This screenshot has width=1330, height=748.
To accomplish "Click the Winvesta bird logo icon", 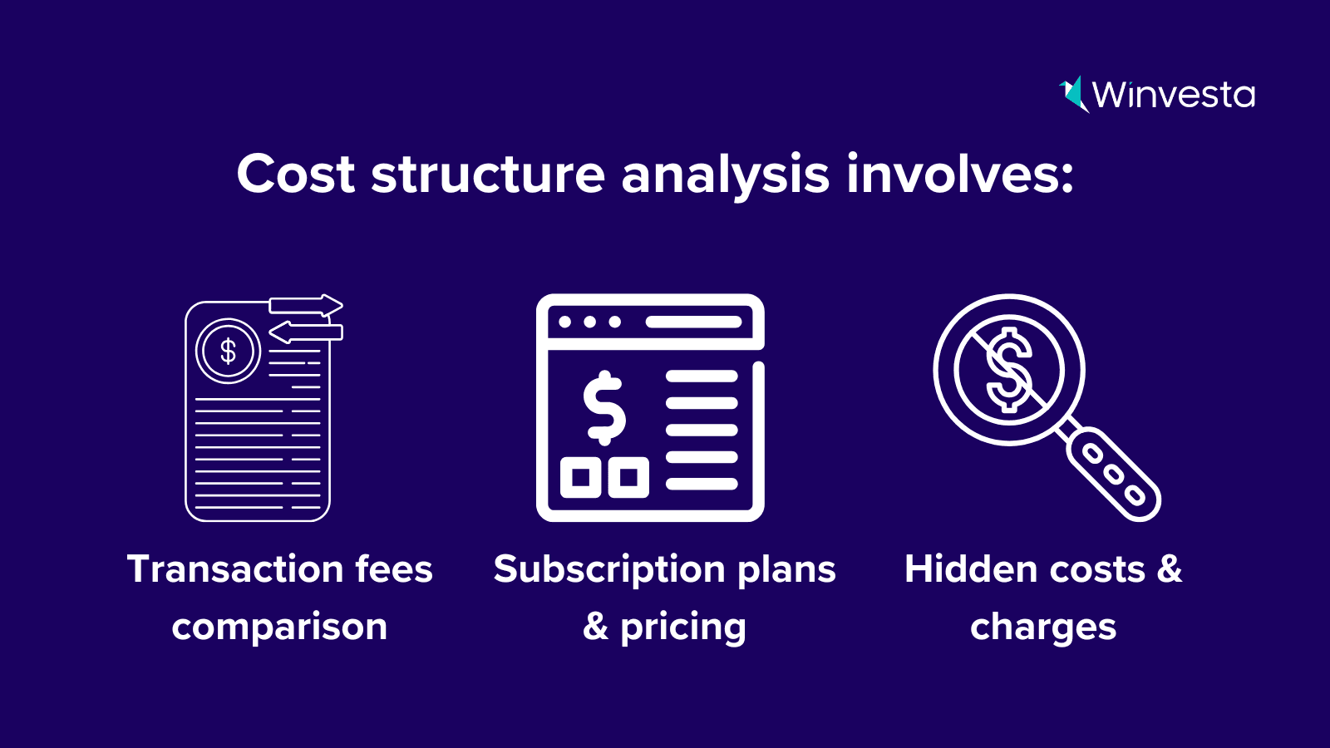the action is click(x=1074, y=95).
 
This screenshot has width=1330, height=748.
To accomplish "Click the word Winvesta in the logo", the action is click(x=1174, y=95).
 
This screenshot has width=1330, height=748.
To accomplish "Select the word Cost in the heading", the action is click(x=296, y=174).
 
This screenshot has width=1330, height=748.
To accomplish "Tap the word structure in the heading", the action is click(x=488, y=175).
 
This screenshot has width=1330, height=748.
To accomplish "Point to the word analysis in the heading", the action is click(x=725, y=177).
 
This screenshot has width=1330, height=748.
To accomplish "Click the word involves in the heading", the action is click(x=960, y=174).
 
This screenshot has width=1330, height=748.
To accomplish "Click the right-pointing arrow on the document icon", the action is click(x=306, y=305).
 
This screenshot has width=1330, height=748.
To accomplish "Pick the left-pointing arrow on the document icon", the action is click(x=306, y=332).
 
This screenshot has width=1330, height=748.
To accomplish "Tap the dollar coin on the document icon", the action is click(x=228, y=351).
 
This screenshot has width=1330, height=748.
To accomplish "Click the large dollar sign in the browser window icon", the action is click(x=603, y=408).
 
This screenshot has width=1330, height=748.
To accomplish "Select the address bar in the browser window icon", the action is click(x=693, y=322).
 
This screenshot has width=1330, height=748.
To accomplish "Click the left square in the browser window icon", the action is click(x=581, y=477).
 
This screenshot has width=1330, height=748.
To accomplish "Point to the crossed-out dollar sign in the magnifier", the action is click(x=1009, y=370).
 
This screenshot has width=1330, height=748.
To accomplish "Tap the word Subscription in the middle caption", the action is click(x=609, y=571).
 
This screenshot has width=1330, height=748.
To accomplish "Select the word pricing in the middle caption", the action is click(x=683, y=628).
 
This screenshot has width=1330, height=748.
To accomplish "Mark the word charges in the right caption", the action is click(x=1043, y=628).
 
